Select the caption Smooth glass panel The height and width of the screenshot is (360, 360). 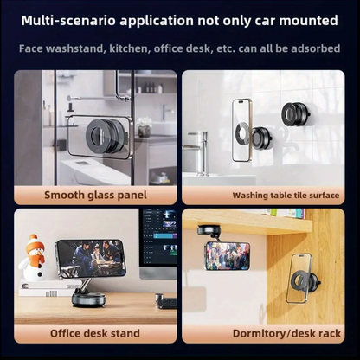(95, 196)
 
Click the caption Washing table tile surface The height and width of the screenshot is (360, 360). (286, 196)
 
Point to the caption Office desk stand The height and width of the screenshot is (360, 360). (95, 333)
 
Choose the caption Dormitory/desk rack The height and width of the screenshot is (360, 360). (286, 333)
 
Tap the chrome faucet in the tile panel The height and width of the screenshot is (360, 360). (199, 153)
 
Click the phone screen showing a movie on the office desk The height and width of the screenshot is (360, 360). (91, 259)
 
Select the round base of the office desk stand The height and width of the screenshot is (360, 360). (88, 300)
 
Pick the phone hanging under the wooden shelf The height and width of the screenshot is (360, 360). (228, 256)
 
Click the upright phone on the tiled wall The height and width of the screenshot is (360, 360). (241, 131)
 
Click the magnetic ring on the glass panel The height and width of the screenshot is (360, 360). (102, 136)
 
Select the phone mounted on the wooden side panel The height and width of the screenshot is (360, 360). (300, 279)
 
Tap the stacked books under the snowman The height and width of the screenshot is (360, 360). (49, 288)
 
